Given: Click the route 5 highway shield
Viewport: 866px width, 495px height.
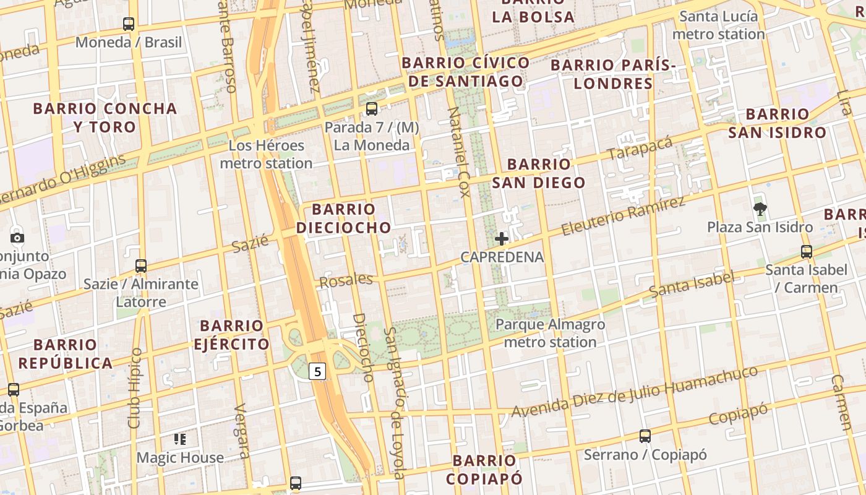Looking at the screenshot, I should [317, 371].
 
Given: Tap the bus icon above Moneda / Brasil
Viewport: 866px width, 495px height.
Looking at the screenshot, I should [129, 24].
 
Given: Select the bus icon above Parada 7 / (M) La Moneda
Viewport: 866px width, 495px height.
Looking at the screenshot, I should [371, 109].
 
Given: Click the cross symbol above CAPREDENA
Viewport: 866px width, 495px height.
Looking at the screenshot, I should [502, 238].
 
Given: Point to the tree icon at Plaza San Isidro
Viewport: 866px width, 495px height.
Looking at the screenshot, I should [760, 209].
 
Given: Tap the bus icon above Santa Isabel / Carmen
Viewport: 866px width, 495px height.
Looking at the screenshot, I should [806, 252].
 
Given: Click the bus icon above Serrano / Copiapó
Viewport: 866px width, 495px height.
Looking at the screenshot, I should [645, 436].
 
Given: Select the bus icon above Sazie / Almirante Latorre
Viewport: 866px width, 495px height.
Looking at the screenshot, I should [141, 266].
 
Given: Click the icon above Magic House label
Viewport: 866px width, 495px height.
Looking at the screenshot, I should [180, 439].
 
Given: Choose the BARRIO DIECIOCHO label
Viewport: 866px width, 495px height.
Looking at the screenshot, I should [344, 218].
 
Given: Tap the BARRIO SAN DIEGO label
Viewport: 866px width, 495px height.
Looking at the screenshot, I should [538, 173].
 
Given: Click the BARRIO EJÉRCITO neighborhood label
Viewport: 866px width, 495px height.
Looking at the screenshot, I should [232, 335].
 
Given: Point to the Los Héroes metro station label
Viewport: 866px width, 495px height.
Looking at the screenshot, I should [266, 155].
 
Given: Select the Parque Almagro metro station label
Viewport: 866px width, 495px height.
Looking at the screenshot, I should [550, 333].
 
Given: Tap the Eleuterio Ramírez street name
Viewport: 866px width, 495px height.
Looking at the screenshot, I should [623, 217].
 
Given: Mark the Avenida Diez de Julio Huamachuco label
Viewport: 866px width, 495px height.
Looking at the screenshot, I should [634, 392].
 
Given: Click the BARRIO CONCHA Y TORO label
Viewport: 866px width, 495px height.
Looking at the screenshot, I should [105, 118].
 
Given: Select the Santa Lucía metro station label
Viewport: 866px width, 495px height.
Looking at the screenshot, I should [718, 25].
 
